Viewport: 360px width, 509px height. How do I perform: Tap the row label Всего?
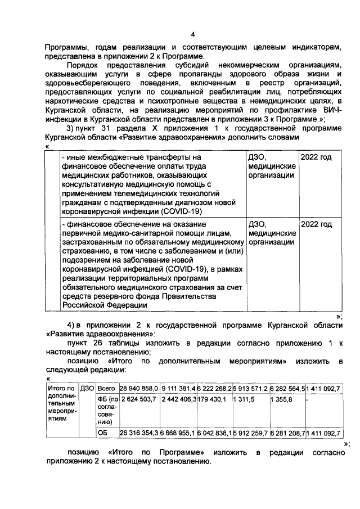(x=106, y=388)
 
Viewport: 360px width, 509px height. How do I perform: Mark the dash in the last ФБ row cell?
(x=307, y=400)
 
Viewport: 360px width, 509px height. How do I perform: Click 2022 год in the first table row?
(x=316, y=157)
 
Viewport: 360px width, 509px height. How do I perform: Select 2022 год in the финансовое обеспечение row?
(x=316, y=224)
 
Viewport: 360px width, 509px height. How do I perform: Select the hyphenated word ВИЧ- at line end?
(x=332, y=111)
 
